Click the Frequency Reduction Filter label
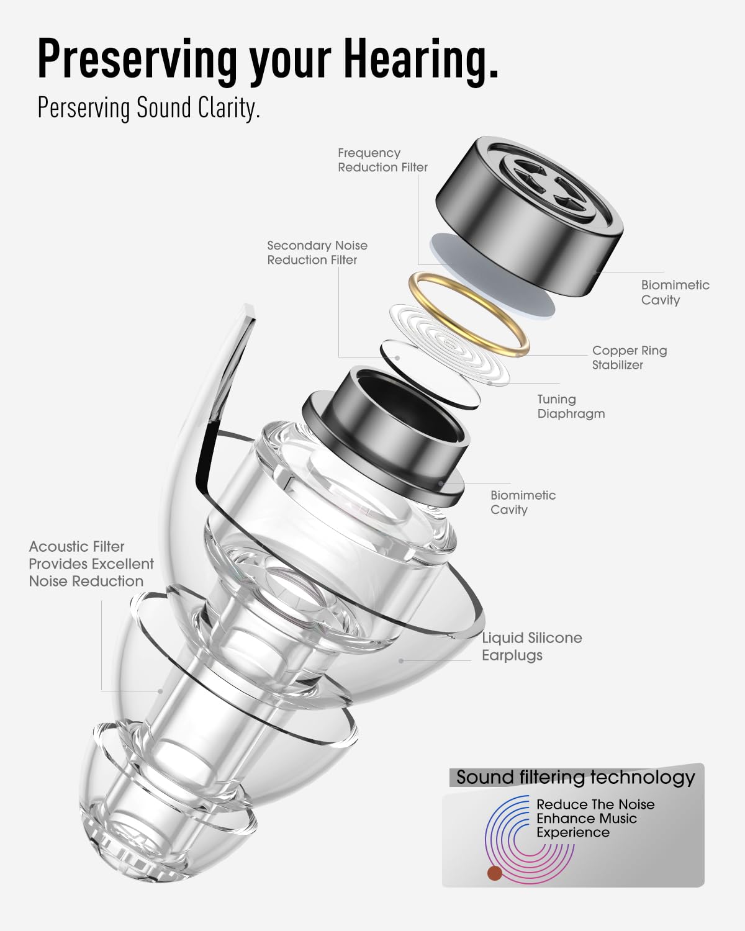pyautogui.click(x=382, y=160)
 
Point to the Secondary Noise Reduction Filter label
pyautogui.click(x=317, y=253)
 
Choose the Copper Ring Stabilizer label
pyautogui.click(x=630, y=358)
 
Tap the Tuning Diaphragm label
pyautogui.click(x=571, y=407)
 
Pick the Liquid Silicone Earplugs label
pyautogui.click(x=532, y=646)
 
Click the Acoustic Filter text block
pyautogui.click(x=91, y=564)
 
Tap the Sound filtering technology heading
pyautogui.click(x=576, y=778)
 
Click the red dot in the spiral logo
pyautogui.click(x=494, y=873)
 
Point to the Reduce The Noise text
pyautogui.click(x=595, y=804)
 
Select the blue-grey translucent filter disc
pyautogui.click(x=492, y=276)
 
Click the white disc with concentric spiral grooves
pyautogui.click(x=450, y=344)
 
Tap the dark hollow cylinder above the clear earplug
pyautogui.click(x=386, y=435)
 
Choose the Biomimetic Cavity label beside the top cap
pyautogui.click(x=675, y=292)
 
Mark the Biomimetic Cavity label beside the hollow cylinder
pyautogui.click(x=523, y=502)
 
